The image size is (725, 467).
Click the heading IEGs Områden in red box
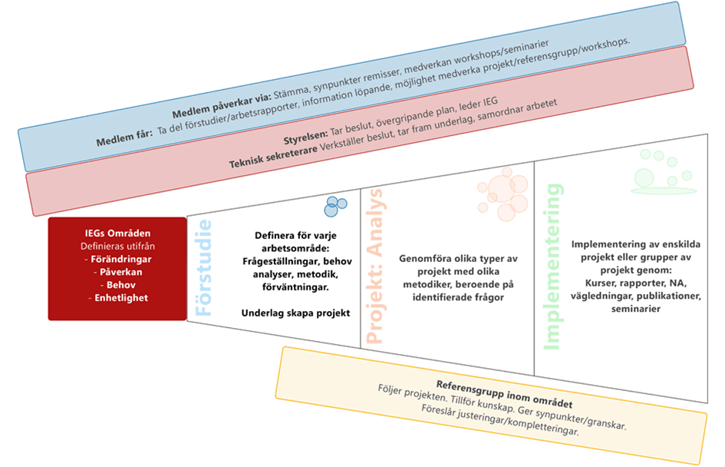click(x=117, y=233)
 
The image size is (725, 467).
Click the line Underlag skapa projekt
click(x=295, y=313)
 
